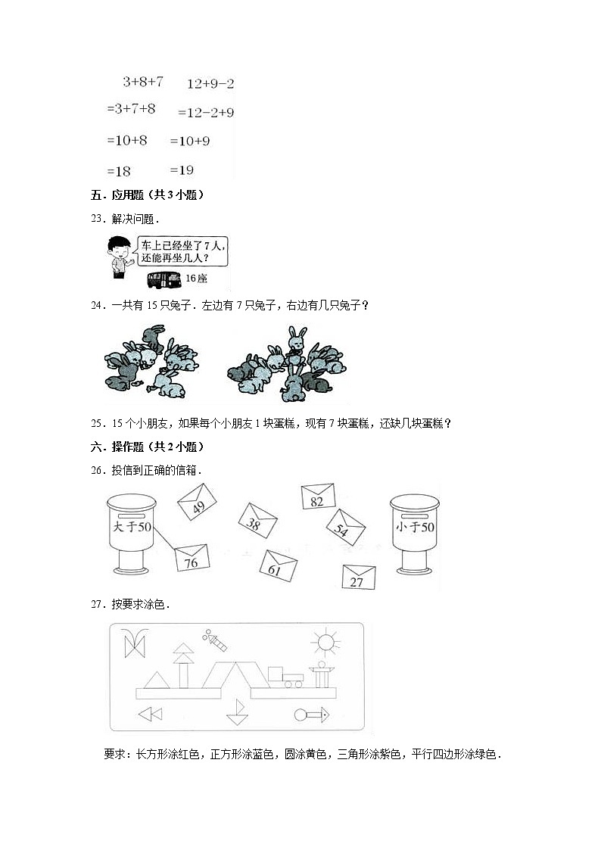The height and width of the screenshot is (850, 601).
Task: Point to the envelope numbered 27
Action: click(x=358, y=577)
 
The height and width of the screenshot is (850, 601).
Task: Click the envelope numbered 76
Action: click(x=191, y=559)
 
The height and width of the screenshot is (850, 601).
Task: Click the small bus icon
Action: click(x=164, y=279)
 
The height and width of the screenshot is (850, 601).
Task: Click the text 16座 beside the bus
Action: click(x=196, y=279)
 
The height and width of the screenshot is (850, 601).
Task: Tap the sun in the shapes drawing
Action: click(x=325, y=643)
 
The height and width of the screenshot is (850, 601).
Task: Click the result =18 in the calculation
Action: click(x=120, y=171)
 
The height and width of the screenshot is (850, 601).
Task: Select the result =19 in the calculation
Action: click(x=182, y=170)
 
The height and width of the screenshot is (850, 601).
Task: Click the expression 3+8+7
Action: click(x=143, y=81)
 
